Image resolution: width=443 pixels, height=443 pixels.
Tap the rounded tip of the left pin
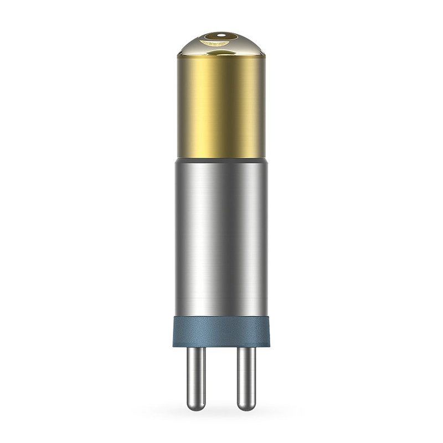pos(195,407)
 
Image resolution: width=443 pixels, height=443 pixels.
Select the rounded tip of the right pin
pos(246,407)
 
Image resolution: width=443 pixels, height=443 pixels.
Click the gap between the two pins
pos(221,377)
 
